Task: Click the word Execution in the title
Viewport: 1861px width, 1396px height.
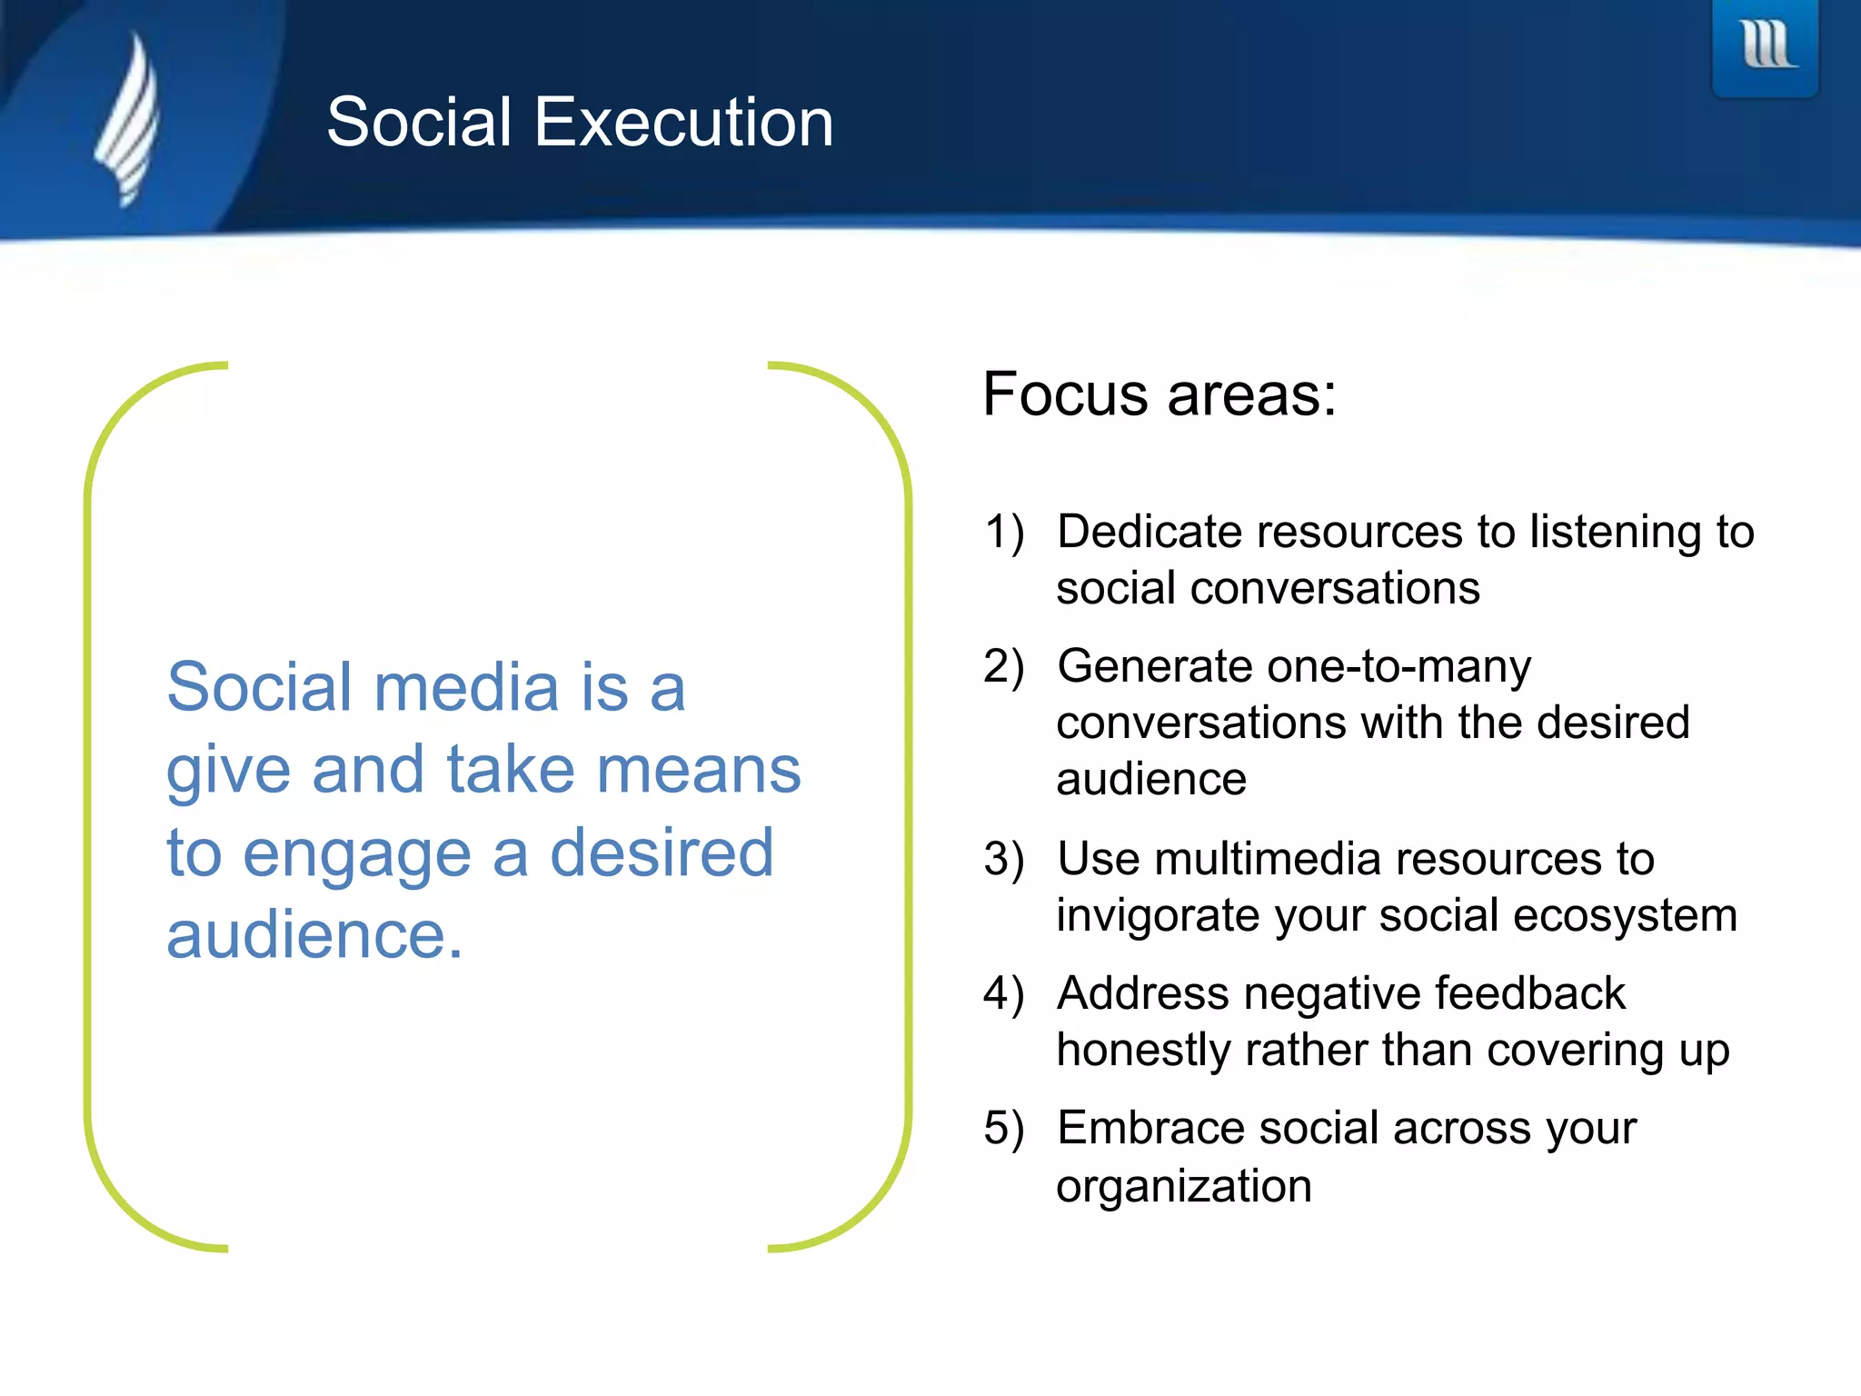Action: point(683,122)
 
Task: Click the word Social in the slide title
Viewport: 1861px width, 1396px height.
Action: point(419,122)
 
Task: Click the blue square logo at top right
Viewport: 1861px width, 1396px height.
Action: point(1765,47)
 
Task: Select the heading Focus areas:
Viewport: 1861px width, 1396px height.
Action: point(1159,394)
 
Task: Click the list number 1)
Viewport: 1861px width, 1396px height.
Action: point(1004,532)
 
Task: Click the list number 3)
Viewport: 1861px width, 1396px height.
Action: point(1004,859)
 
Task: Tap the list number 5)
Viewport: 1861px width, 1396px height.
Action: point(1004,1128)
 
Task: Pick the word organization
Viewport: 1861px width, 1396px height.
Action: point(1184,1186)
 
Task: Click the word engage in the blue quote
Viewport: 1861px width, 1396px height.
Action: point(357,854)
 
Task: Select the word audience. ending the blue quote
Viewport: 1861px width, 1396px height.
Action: point(314,935)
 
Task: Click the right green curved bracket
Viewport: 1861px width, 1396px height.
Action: point(906,805)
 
